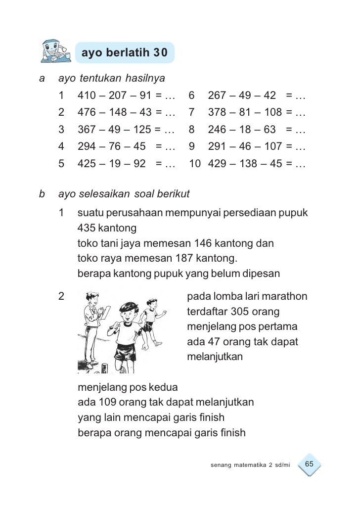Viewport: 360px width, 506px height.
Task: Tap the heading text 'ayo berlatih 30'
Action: click(124, 52)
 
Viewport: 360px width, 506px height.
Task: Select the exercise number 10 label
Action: click(194, 164)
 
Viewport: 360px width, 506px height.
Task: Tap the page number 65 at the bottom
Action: click(310, 464)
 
